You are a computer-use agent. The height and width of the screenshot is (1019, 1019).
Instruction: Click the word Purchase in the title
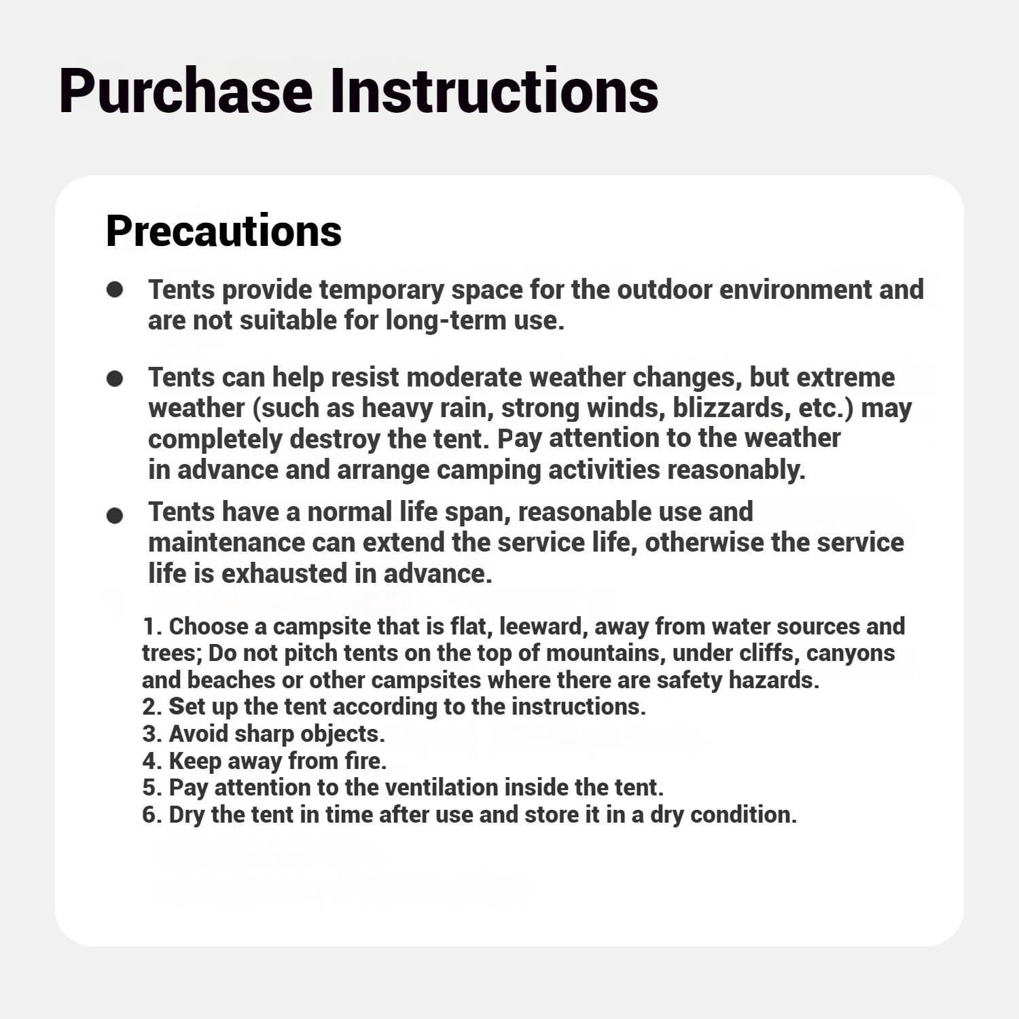(x=185, y=92)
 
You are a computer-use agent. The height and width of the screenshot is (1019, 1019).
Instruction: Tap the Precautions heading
(x=224, y=231)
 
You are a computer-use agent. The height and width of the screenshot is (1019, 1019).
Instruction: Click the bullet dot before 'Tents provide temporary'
(x=115, y=290)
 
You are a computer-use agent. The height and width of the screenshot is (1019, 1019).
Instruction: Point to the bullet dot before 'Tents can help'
(x=115, y=378)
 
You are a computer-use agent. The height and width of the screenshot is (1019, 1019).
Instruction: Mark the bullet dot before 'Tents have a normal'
(x=115, y=516)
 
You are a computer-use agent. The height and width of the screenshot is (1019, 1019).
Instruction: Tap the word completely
(x=215, y=439)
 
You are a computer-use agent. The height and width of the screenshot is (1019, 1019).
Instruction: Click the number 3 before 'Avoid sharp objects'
(x=149, y=734)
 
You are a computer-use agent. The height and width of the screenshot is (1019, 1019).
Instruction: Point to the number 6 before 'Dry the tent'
(x=149, y=815)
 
